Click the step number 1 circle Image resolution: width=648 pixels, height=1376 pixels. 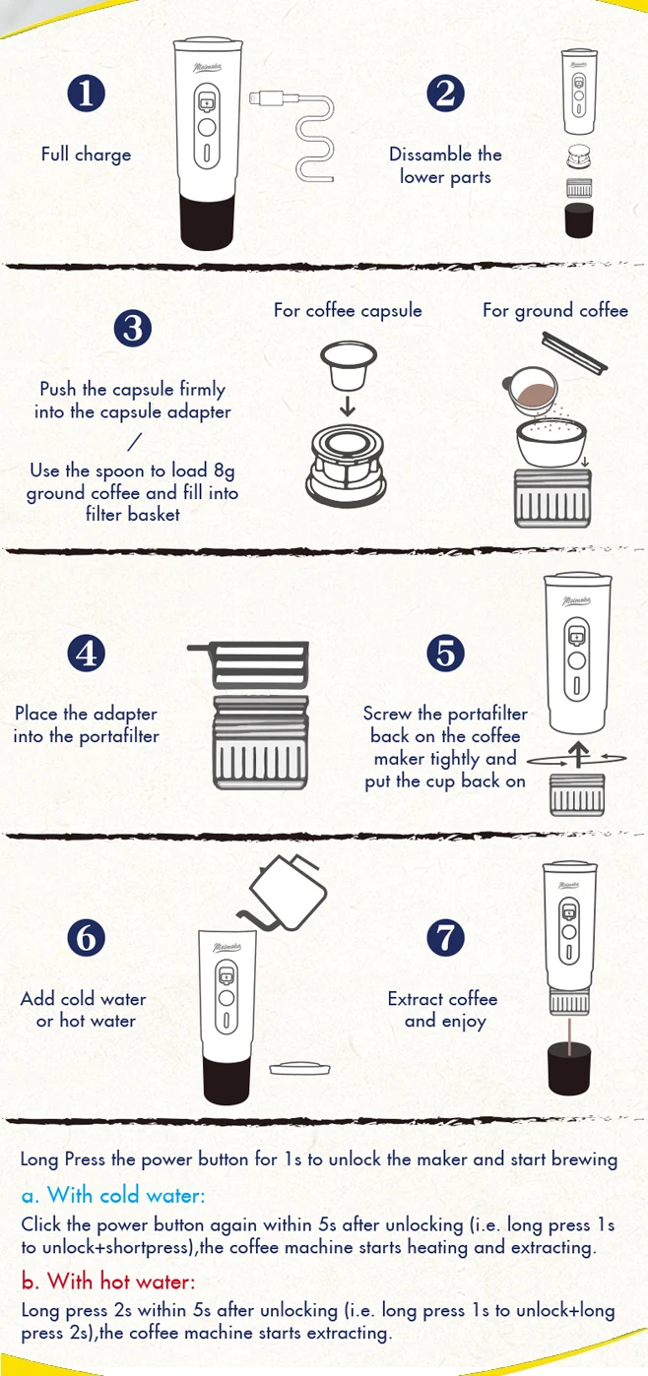tap(87, 94)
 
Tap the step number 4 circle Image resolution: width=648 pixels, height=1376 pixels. tap(87, 653)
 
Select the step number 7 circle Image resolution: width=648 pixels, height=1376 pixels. tap(446, 937)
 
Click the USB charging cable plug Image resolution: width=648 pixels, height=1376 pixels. tap(266, 97)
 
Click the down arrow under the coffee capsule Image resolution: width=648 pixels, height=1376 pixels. tap(348, 407)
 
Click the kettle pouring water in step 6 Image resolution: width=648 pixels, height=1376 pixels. tap(283, 892)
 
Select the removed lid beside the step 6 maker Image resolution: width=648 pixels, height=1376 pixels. tap(300, 1069)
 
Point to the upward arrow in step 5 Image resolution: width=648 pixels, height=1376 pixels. tap(577, 755)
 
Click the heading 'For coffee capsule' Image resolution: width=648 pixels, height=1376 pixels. tap(348, 311)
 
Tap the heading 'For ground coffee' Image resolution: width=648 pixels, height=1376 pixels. tap(555, 311)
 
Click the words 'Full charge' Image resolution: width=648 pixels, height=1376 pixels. tap(86, 155)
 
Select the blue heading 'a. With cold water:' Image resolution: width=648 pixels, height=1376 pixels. tap(113, 1195)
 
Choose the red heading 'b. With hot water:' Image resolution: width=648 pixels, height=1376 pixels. tap(108, 1281)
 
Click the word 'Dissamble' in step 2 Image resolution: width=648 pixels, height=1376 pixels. tap(423, 155)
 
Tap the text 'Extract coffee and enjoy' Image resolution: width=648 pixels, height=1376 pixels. tap(443, 1010)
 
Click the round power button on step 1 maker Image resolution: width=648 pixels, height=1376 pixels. tap(207, 127)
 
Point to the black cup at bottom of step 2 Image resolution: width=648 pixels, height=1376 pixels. tap(579, 219)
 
